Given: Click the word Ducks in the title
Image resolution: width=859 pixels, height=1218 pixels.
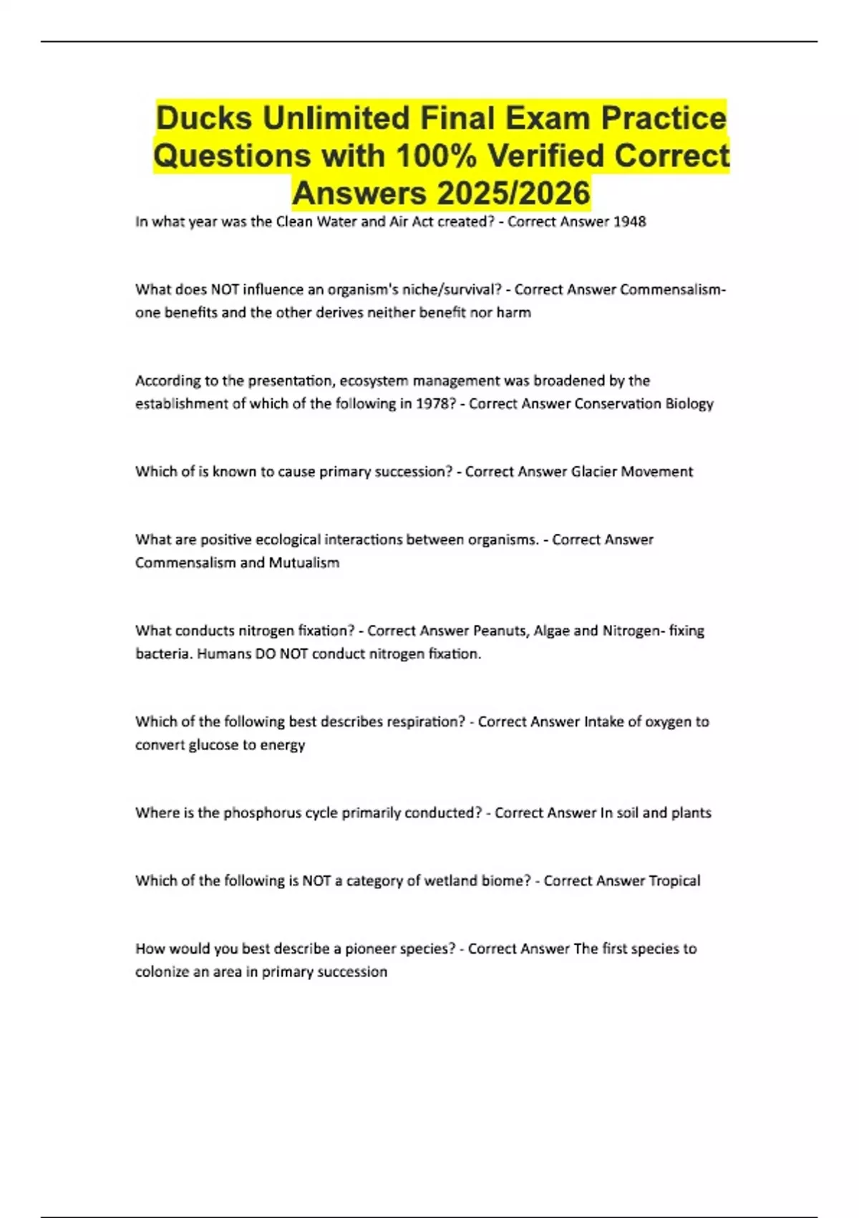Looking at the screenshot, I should (203, 118).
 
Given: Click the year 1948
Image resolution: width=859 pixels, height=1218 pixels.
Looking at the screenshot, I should (630, 222).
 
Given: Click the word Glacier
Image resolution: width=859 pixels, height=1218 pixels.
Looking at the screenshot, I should (593, 471).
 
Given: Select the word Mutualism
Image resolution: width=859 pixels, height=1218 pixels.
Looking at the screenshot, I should (304, 562).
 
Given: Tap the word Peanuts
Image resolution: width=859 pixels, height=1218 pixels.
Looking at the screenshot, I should (500, 630).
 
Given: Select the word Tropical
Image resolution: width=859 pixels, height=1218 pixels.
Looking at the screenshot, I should (674, 881).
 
